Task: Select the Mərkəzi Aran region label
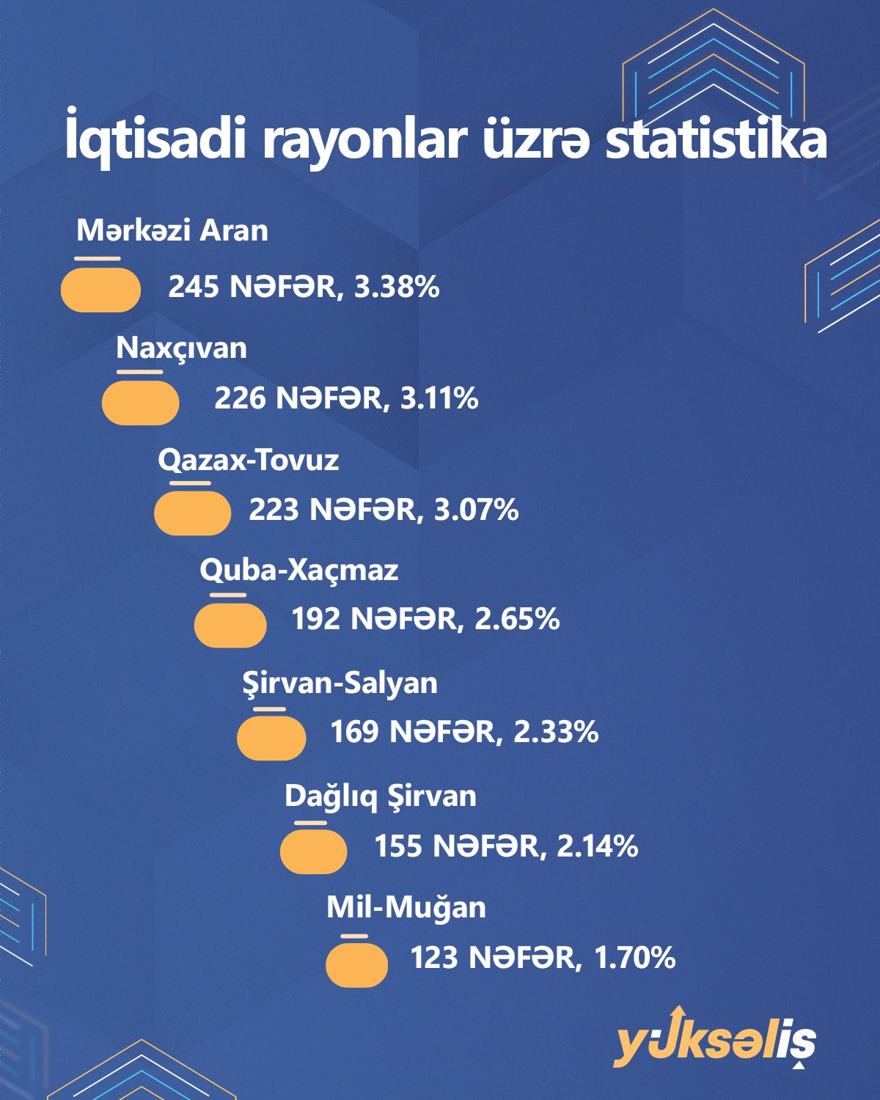172,231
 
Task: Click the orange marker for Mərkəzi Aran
100,290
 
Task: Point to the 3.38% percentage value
397,287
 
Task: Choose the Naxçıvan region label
181,348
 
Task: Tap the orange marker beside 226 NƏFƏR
140,403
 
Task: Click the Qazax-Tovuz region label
248,461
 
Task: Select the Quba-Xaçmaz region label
298,571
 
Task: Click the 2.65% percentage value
517,620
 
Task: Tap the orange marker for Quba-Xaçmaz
230,625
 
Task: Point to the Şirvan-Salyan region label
340,683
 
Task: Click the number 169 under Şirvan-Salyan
353,732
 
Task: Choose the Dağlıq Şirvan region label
380,796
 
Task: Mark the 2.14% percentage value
597,846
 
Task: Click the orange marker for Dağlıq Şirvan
314,851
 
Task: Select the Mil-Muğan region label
406,908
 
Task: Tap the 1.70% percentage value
634,958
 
